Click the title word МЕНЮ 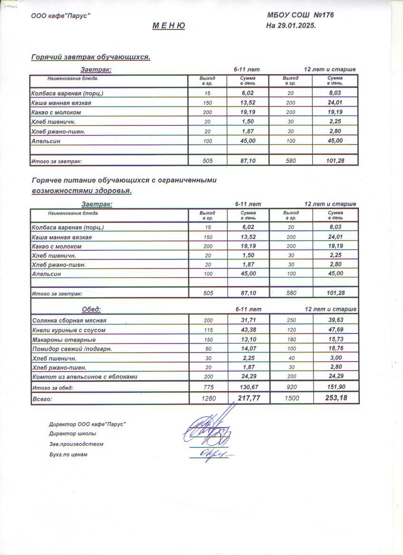coord(169,26)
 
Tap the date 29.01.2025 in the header coord(298,26)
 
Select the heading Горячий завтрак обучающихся coord(91,57)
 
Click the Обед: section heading coord(91,309)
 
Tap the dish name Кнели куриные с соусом coord(68,330)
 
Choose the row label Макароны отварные coord(64,340)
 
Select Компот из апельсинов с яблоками coord(85,377)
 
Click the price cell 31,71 coord(249,321)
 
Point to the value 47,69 coord(336,330)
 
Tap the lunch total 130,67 coord(249,388)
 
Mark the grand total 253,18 coord(336,398)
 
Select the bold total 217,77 coord(249,398)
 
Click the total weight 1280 coord(208,399)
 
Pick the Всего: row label coord(42,399)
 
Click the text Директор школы coord(72,433)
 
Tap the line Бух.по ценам coord(68,454)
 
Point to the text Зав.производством coord(76,444)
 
